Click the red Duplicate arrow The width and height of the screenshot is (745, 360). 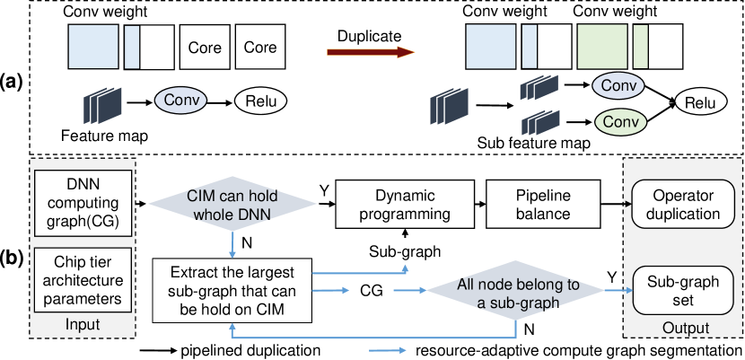369,53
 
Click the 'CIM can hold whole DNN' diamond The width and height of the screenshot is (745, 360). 233,204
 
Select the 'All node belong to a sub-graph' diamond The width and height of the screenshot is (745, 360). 504,293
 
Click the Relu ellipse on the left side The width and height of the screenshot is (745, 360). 261,100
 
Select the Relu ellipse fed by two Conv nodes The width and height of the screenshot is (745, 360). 700,102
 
